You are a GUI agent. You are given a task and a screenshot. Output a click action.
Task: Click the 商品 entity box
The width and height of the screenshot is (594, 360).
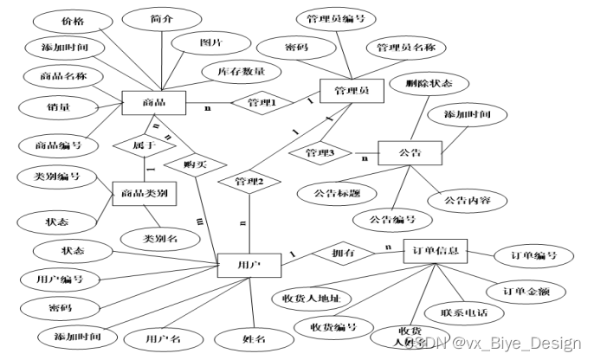pyautogui.click(x=155, y=103)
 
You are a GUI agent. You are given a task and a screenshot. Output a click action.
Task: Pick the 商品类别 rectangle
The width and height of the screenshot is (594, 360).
pyautogui.click(x=145, y=193)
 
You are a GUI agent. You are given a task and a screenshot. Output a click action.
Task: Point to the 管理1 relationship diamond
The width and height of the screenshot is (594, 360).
pyautogui.click(x=261, y=102)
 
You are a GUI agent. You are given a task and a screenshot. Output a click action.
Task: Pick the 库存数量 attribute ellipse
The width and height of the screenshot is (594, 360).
pyautogui.click(x=241, y=71)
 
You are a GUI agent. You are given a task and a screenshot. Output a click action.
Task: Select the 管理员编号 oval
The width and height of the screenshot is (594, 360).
pyautogui.click(x=334, y=17)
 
